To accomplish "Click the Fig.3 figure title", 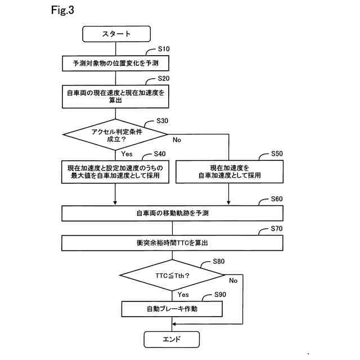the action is click(x=62, y=10).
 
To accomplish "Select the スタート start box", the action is click(x=116, y=34).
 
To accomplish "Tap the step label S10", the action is click(x=164, y=49).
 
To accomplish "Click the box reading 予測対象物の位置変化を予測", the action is click(x=115, y=63).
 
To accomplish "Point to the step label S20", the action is click(x=164, y=79).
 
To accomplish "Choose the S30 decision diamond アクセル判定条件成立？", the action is click(x=115, y=135).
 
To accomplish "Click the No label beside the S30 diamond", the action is click(x=177, y=140).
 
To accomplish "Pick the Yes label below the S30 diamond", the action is click(x=127, y=154).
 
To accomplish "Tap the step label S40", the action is click(x=160, y=154).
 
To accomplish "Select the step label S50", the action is click(x=277, y=154).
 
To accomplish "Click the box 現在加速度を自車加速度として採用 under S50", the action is click(x=229, y=172).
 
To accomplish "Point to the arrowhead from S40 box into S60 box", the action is click(x=115, y=203).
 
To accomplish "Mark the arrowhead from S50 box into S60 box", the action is click(x=228, y=203).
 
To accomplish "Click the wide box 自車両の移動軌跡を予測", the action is click(x=173, y=213).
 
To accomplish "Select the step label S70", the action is click(x=277, y=229).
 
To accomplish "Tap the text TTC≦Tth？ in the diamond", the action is click(x=173, y=276).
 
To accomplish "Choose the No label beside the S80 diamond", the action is click(x=233, y=281).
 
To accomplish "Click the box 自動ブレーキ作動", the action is click(x=172, y=309).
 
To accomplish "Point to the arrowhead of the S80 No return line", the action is click(x=174, y=324).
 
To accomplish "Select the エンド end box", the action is click(x=172, y=339).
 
